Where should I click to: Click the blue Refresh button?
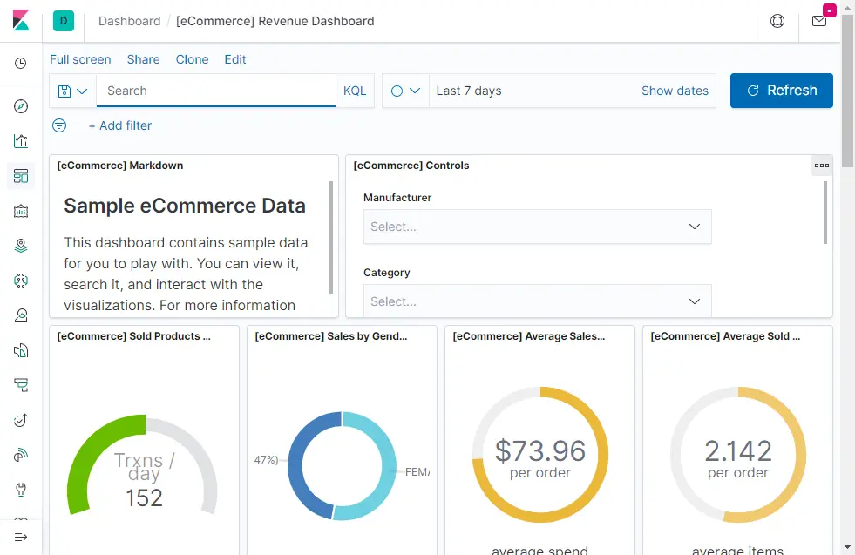point(781,91)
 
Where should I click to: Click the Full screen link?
point(80,59)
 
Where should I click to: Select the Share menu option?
point(143,59)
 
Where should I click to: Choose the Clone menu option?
point(192,59)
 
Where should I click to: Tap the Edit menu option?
point(235,59)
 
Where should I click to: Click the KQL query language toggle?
point(355,91)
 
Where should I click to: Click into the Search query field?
point(215,91)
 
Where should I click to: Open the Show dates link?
point(675,91)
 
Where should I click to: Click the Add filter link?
point(120,125)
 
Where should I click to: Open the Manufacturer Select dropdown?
point(537,227)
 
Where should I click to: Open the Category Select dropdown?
point(537,301)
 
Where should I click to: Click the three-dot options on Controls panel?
point(821,165)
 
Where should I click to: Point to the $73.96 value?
point(540,450)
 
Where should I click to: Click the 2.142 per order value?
point(737,451)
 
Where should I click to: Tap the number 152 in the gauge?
point(144,497)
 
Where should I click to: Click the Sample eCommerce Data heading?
point(185,206)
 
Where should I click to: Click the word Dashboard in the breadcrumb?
point(129,21)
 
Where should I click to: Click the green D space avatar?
point(63,21)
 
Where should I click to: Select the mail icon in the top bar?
point(819,21)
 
